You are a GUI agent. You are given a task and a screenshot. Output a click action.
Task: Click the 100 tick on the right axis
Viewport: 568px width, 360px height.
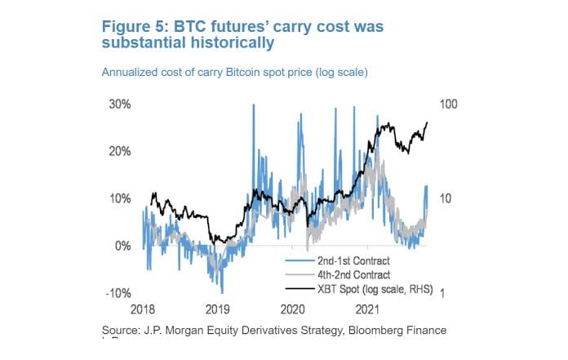(450, 104)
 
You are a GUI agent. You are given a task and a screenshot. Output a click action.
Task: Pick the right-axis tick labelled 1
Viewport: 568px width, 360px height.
(443, 293)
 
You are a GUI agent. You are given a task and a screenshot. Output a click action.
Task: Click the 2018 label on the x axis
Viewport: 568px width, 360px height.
(143, 310)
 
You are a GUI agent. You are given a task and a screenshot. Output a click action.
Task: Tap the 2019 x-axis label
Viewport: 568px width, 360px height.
(218, 310)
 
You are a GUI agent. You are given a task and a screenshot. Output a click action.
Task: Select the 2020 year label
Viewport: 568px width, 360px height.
(293, 310)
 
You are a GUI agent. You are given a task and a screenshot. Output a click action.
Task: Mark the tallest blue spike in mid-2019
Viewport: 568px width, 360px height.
(254, 106)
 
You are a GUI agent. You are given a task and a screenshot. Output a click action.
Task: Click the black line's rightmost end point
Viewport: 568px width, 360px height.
(427, 123)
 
